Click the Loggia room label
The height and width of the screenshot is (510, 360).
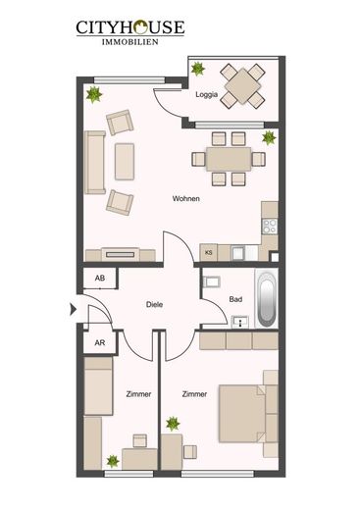point(206,95)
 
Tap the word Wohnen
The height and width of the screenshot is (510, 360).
point(186,198)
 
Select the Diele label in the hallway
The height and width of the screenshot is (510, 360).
point(154,305)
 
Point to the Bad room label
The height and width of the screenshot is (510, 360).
point(235,299)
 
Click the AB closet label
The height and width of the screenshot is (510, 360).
point(100,279)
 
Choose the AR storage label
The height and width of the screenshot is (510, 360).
point(100,343)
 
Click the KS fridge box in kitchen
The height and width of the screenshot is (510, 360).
point(208,252)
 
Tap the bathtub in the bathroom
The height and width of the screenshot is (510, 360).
point(267,298)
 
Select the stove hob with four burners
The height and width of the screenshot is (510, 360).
point(270,227)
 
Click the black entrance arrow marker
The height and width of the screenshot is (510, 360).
point(74,309)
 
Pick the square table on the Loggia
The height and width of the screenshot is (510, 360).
point(242,86)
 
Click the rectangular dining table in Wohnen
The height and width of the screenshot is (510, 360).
point(229,159)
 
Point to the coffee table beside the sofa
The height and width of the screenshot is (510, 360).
point(125,162)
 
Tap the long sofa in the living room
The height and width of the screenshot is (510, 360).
point(95,163)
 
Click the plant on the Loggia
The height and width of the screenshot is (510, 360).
point(198,69)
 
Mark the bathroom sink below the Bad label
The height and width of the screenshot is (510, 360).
point(240,322)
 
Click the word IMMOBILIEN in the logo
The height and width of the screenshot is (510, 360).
point(130,42)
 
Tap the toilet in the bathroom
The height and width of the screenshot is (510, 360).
point(211,281)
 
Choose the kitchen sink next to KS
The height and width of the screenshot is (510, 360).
point(237,253)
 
